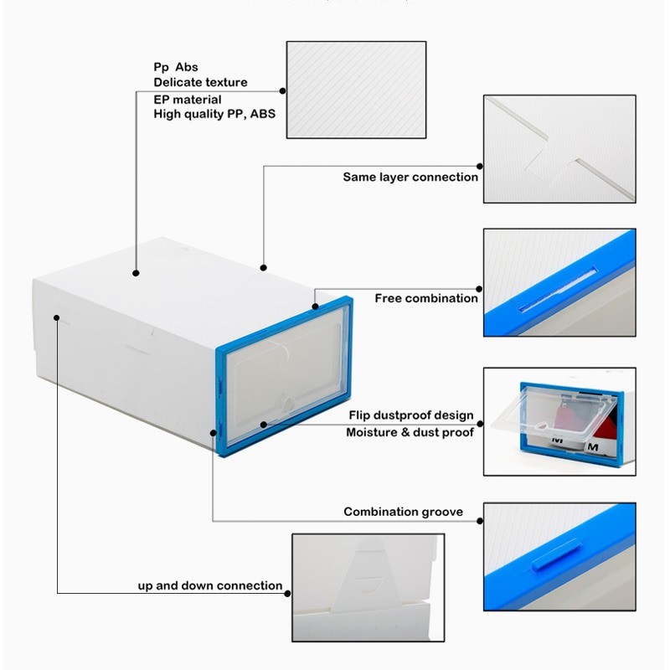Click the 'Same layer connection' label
coord(410,177)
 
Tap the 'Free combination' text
coord(426,298)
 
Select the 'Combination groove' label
coord(403,512)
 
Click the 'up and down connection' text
coord(210,585)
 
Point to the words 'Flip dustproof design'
coord(410,415)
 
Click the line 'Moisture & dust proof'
coord(410,432)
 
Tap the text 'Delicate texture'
coord(200,82)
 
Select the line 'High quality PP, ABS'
coord(214,114)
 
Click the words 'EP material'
coord(188,100)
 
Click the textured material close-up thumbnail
coord(357,89)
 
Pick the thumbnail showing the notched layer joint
coord(559,149)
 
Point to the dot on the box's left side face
coord(57,317)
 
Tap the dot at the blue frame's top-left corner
coord(316,307)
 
